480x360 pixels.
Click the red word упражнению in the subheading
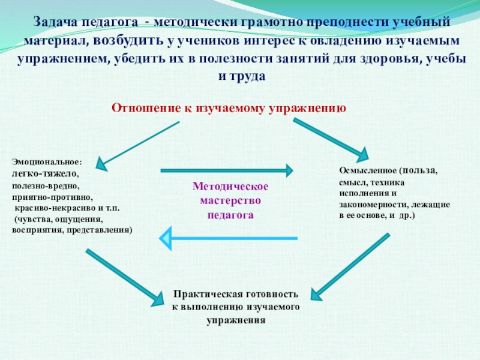(313, 108)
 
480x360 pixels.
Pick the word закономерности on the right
(373, 205)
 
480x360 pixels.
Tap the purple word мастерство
(230, 200)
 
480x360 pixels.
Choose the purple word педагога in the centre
(230, 214)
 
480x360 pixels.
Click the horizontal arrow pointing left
(228, 238)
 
